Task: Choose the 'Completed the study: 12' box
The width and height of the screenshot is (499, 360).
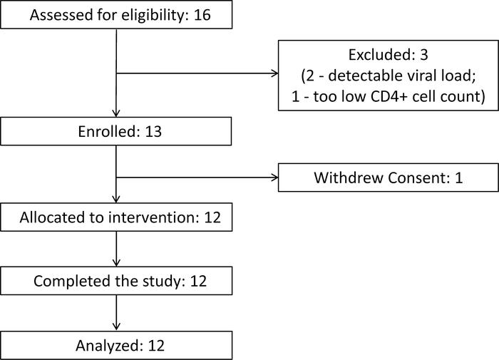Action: point(116,281)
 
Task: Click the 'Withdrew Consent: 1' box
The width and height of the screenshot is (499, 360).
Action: point(388,178)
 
